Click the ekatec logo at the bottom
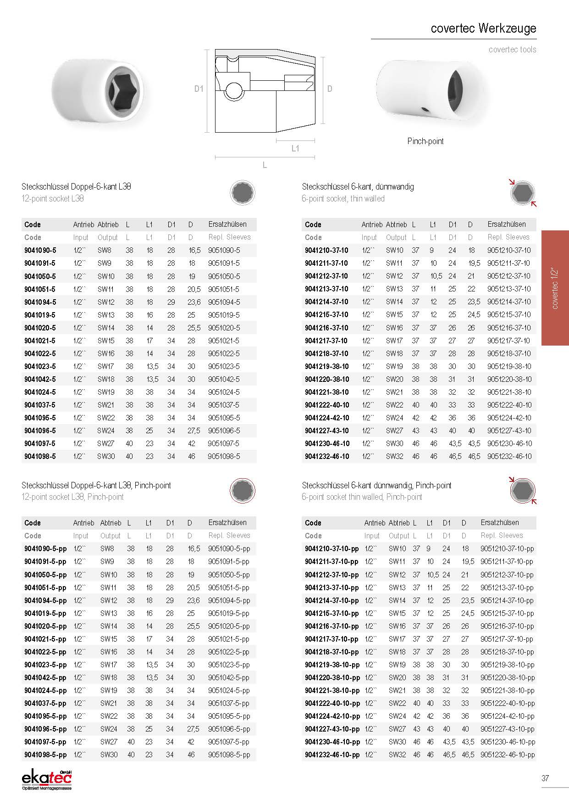(47, 779)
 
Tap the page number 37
(545, 778)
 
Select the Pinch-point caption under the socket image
(425, 141)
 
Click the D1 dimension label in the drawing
(199, 89)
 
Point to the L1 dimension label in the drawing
(295, 148)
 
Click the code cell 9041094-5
(40, 302)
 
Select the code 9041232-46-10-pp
(332, 755)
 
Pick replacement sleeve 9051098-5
(224, 456)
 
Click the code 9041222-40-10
(326, 405)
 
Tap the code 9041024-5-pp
(45, 690)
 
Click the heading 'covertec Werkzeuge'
(483, 28)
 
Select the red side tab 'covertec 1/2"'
(555, 288)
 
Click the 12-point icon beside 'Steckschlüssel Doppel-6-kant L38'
(242, 193)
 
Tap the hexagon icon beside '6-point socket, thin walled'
(522, 193)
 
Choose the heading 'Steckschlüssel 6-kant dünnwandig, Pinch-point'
(376, 485)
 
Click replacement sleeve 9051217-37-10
(508, 341)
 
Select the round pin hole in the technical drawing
(234, 89)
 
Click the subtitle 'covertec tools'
(512, 50)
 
